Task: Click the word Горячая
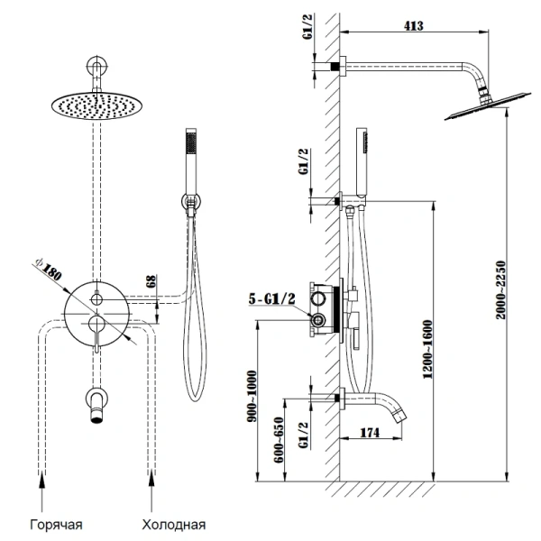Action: pyautogui.click(x=56, y=522)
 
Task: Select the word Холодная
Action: pyautogui.click(x=174, y=522)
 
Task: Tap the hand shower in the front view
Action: pyautogui.click(x=190, y=167)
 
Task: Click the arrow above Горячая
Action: pyautogui.click(x=41, y=495)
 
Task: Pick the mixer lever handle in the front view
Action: pyautogui.click(x=93, y=332)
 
